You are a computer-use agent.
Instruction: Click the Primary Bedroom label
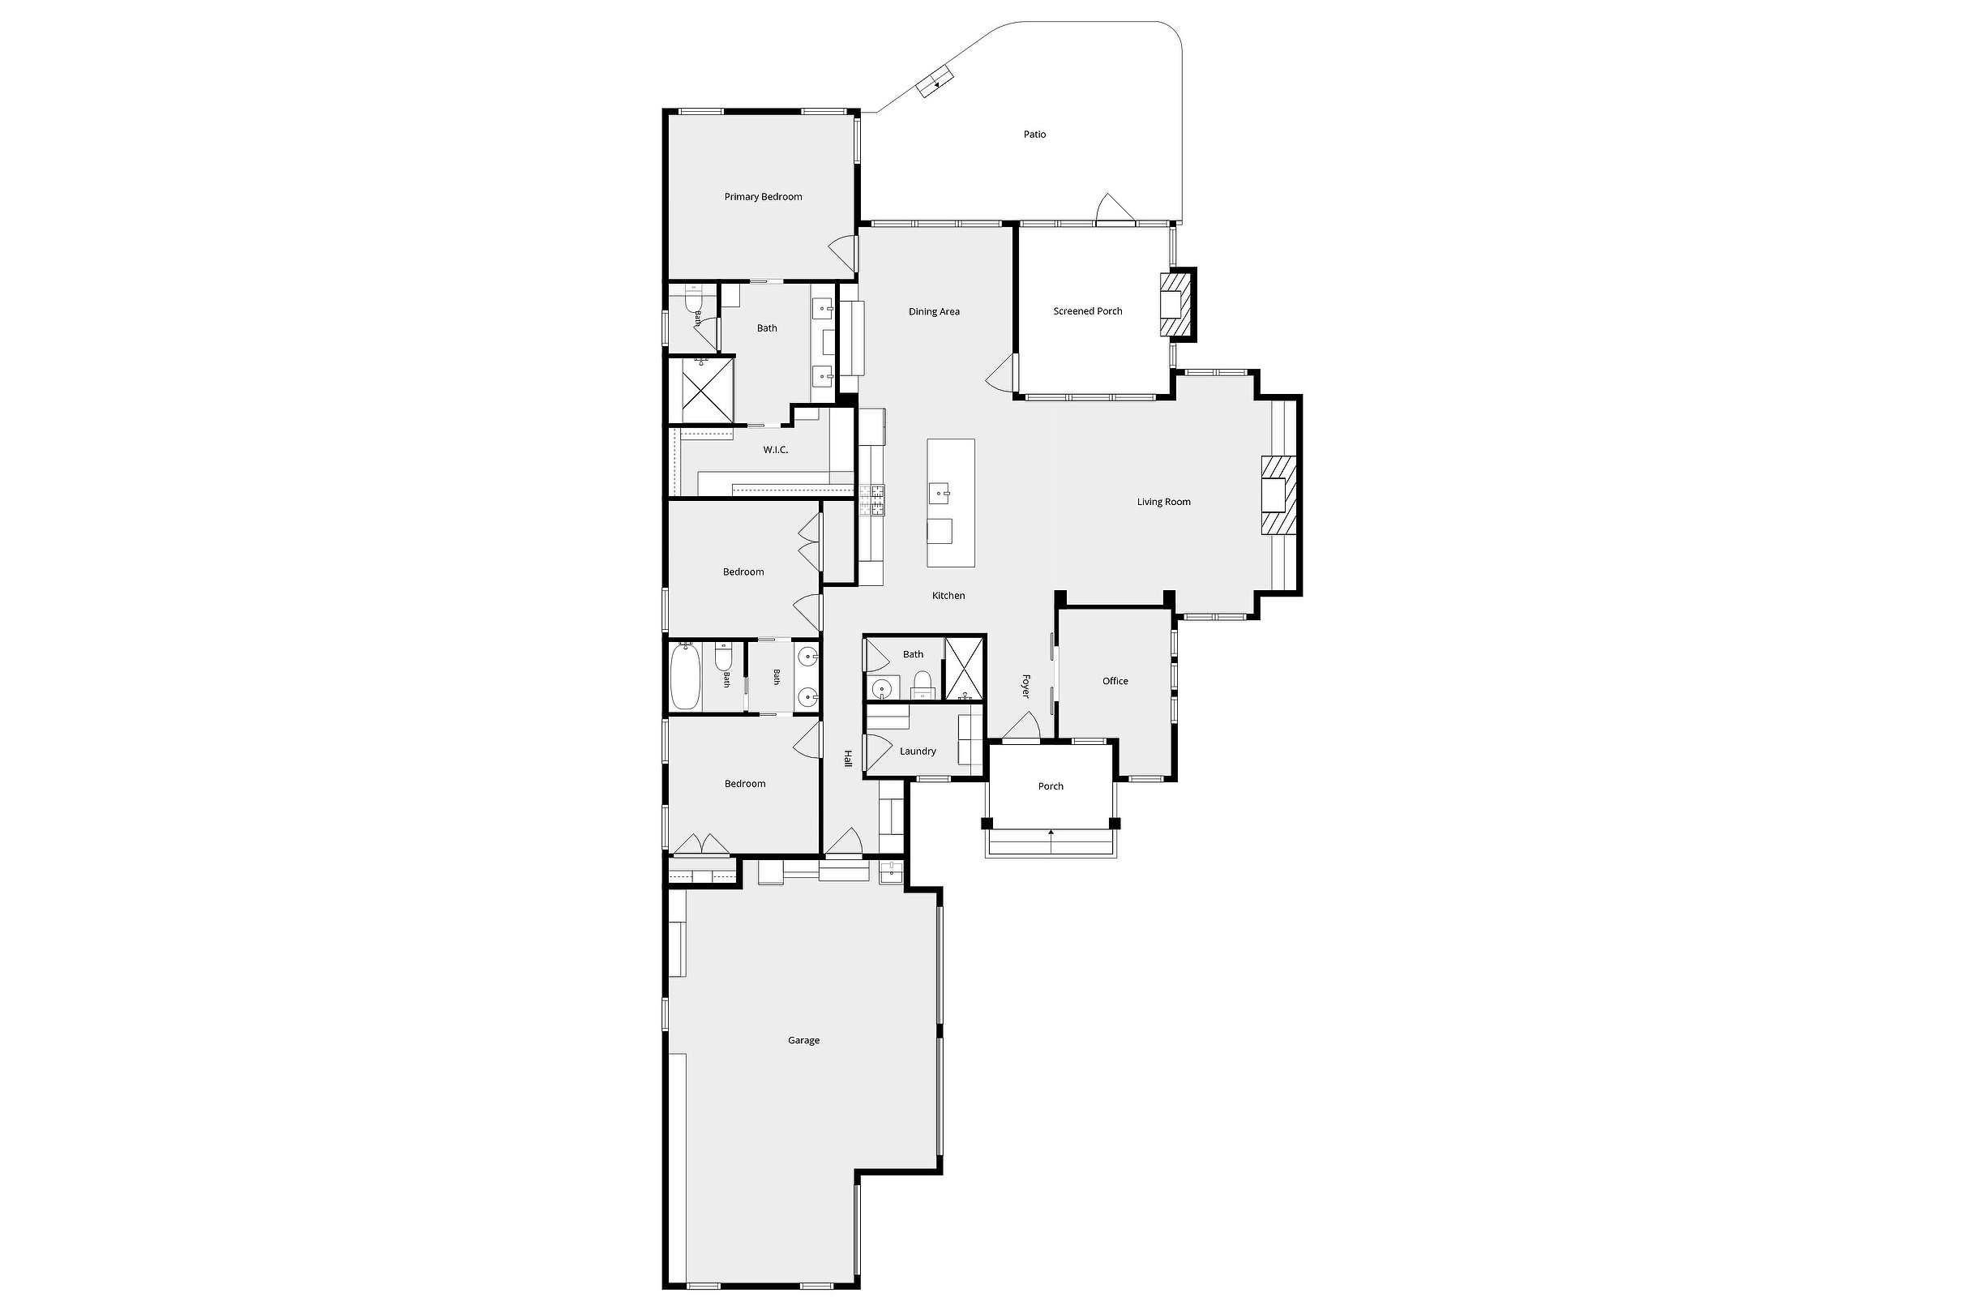(x=763, y=197)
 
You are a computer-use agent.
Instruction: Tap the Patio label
(x=1034, y=135)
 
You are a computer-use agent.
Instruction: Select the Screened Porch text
(x=1088, y=311)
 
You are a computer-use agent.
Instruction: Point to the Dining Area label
(x=934, y=312)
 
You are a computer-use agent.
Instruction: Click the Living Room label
(x=1164, y=502)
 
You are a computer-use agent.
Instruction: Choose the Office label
(x=1115, y=682)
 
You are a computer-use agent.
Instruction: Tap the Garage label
(x=803, y=1041)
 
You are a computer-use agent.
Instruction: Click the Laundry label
(x=918, y=752)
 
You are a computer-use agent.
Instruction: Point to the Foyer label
(x=1026, y=686)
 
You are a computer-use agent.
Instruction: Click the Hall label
(x=847, y=759)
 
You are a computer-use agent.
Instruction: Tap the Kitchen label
(x=948, y=597)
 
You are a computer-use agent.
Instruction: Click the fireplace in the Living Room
(x=1278, y=494)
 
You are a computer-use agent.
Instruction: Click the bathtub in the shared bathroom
(x=684, y=676)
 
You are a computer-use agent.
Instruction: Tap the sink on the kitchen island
(x=940, y=493)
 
